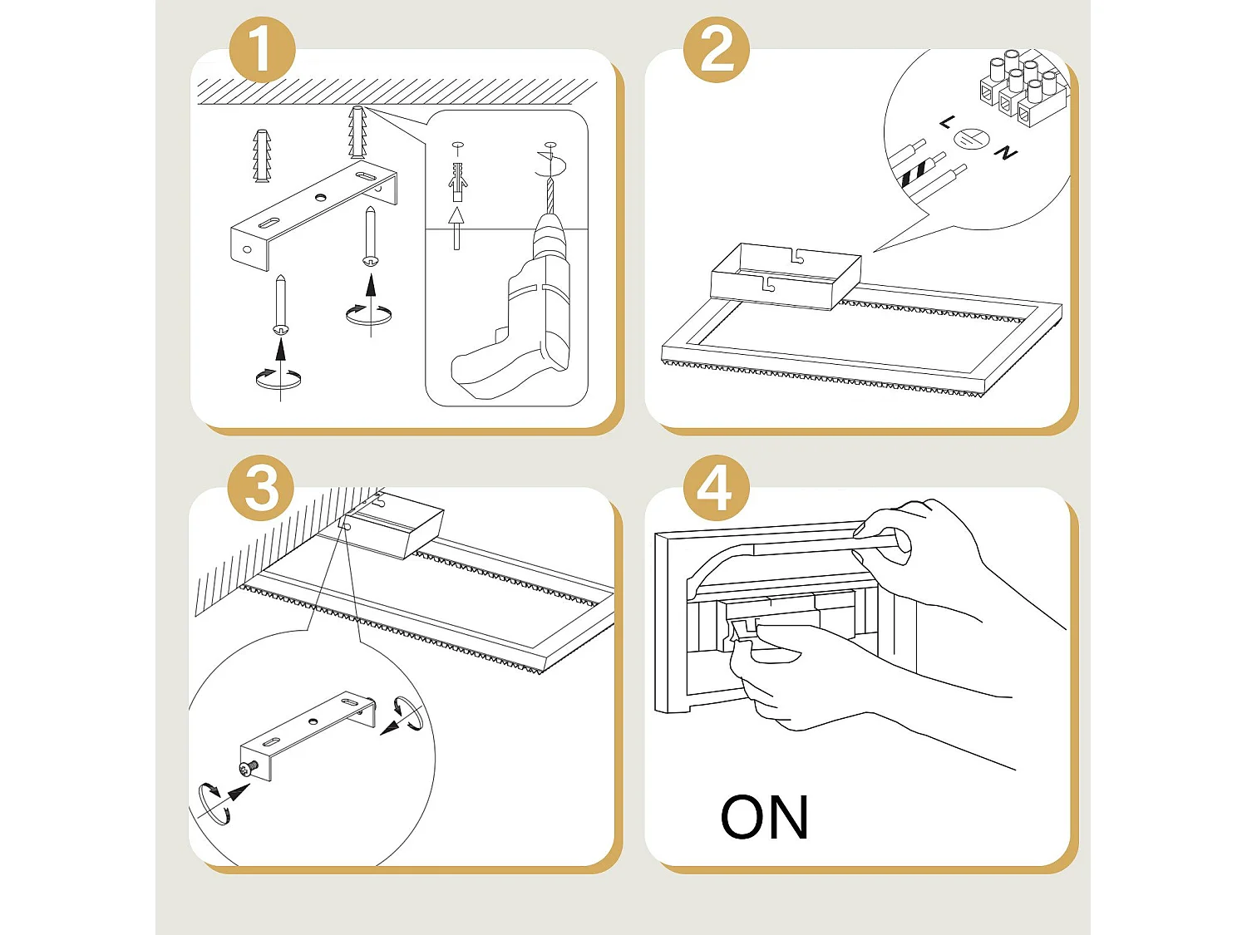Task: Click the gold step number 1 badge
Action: [x=261, y=50]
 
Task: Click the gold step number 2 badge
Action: [x=716, y=50]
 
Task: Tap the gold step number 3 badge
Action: [x=261, y=488]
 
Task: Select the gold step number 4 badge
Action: [x=716, y=488]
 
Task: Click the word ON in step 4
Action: [x=764, y=818]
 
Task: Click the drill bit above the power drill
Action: [x=549, y=195]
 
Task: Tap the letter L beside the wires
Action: [x=947, y=123]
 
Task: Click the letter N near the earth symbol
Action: [x=1006, y=153]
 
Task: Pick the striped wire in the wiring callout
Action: [x=918, y=171]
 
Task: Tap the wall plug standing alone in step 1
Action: [x=262, y=155]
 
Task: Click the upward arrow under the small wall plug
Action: [x=456, y=227]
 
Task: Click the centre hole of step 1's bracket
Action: [x=319, y=198]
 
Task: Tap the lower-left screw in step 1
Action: [x=281, y=305]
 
